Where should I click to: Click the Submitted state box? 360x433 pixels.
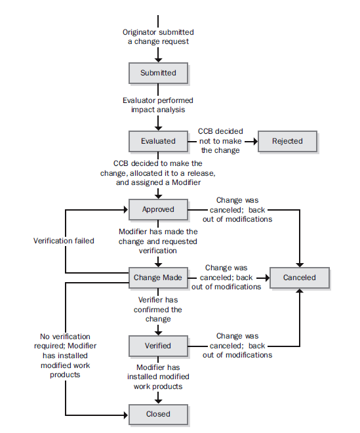coord(158,73)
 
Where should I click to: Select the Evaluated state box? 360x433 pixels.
coord(158,141)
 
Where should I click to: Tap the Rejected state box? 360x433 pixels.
coord(287,141)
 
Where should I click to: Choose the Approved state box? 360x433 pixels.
coord(158,209)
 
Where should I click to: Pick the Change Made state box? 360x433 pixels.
coord(158,278)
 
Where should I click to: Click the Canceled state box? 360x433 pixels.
coord(300,278)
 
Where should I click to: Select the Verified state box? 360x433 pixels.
coord(158,346)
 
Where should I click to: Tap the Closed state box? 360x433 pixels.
coord(158,414)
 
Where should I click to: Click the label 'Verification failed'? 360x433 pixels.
coord(64,241)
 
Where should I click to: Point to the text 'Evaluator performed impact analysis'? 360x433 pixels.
coord(158,105)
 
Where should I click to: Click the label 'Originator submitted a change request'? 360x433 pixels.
coord(158,37)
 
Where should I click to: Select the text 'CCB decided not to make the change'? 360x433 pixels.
coord(220,141)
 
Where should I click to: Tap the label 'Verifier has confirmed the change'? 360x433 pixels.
coord(158,309)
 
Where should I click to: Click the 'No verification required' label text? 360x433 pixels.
coord(65,341)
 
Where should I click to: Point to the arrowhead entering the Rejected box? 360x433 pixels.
coord(255,142)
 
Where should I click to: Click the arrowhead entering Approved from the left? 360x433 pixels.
coord(126,209)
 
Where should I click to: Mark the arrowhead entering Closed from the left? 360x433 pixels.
coord(126,415)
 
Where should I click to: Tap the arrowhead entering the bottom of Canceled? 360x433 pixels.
coord(300,291)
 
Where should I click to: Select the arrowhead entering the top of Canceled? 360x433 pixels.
coord(300,265)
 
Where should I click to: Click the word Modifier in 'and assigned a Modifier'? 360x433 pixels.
coord(186,182)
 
